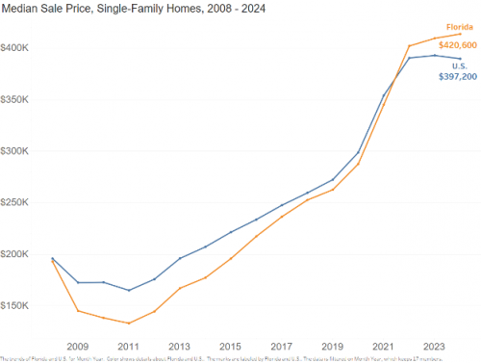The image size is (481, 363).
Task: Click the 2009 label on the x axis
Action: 77,345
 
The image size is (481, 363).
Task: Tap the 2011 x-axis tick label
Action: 128,345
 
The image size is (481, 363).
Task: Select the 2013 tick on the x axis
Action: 179,345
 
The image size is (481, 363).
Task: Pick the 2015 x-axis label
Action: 230,345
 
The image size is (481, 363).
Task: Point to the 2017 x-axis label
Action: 281,345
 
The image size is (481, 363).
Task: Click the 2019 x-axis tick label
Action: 332,345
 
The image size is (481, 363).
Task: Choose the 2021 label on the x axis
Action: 383,345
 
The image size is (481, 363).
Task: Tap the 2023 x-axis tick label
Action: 434,345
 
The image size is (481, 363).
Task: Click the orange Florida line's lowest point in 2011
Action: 129,324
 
